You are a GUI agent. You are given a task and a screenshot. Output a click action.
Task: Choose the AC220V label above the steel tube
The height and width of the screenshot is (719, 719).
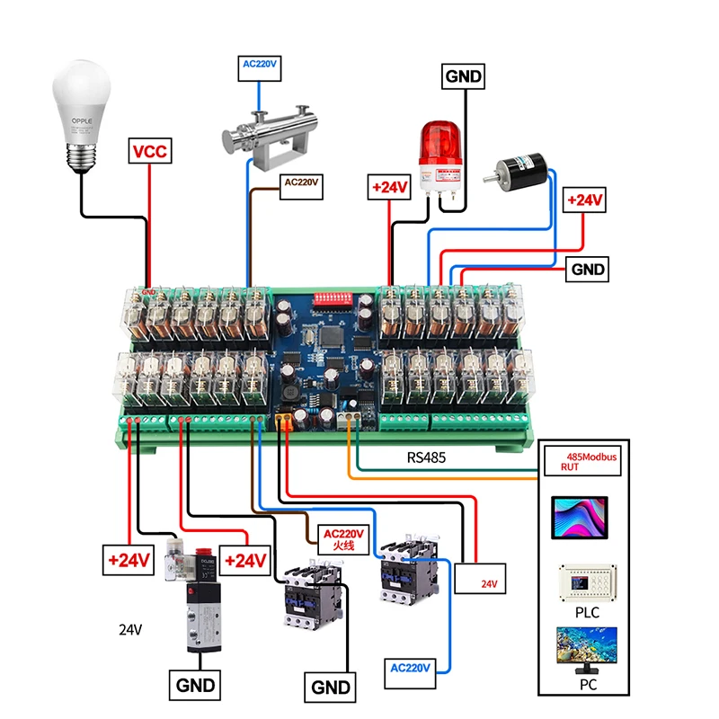261,64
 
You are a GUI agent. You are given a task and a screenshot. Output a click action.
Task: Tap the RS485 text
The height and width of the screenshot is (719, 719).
426,457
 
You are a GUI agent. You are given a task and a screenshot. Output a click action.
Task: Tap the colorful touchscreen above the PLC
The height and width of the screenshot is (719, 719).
578,518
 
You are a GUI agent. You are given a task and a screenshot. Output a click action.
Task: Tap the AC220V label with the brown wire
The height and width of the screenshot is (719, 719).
302,185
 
